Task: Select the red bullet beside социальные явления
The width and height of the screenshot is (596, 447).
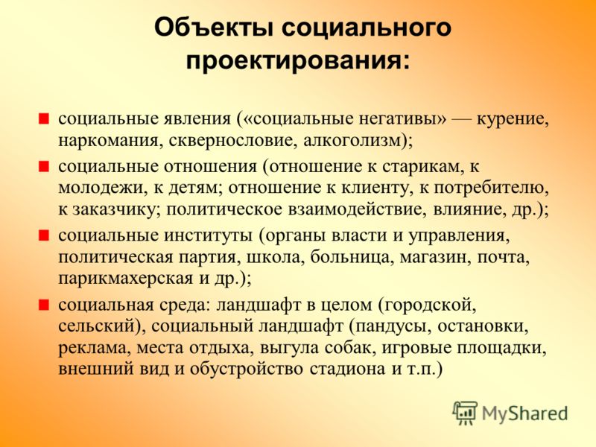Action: pyautogui.click(x=44, y=119)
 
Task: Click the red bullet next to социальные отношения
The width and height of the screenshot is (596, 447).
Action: pyautogui.click(x=44, y=166)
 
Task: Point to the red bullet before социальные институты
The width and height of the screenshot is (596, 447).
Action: pyautogui.click(x=44, y=235)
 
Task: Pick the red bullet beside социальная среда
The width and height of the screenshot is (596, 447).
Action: pyautogui.click(x=44, y=305)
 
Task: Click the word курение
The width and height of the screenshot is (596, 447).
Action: pyautogui.click(x=513, y=120)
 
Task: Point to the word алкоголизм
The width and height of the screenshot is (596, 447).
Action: pyautogui.click(x=352, y=141)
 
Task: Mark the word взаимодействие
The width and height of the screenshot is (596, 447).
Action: pyautogui.click(x=355, y=209)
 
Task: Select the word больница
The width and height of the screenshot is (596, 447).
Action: pyautogui.click(x=350, y=258)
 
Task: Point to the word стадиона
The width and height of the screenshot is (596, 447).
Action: pyautogui.click(x=347, y=370)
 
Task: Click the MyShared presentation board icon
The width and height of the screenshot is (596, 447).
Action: pyautogui.click(x=464, y=413)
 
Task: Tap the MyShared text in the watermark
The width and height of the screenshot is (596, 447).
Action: pyautogui.click(x=525, y=413)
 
